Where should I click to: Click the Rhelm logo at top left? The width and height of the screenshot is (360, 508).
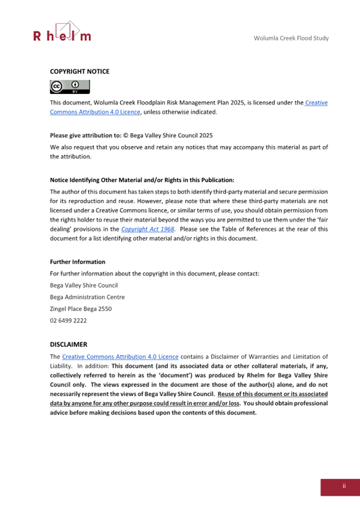[62, 32]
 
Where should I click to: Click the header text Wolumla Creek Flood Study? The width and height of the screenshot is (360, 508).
[291, 38]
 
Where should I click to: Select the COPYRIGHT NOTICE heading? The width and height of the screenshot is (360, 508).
[79, 71]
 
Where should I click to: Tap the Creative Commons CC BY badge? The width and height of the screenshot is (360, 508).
[70, 87]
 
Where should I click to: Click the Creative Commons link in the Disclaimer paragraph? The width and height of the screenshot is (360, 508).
[120, 357]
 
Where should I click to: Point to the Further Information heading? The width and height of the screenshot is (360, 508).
[77, 262]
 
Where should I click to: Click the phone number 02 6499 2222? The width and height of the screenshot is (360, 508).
[68, 320]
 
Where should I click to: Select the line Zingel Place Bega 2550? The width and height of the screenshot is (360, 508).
[81, 309]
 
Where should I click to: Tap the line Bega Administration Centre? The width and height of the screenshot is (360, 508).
[87, 297]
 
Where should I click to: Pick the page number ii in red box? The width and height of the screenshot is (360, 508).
[344, 486]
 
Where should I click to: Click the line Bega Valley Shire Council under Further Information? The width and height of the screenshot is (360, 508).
[84, 285]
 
